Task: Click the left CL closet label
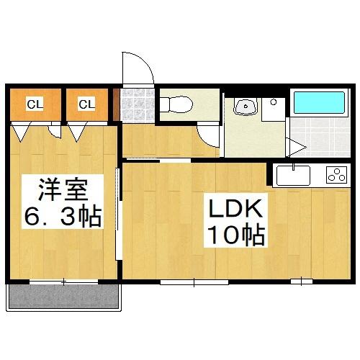[x=35, y=104]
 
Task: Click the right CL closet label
[x=86, y=104]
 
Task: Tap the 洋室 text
[x=63, y=192]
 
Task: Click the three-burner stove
[x=336, y=174]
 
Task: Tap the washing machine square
[x=274, y=109]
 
